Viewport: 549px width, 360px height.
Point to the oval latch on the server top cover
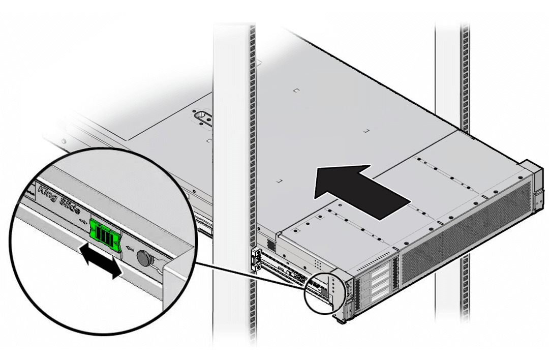(x=203, y=117)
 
